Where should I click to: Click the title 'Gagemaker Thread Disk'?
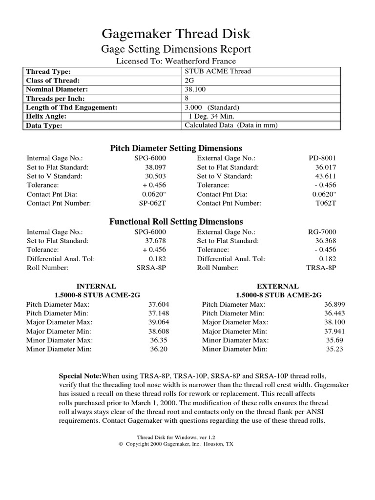tap(176, 34)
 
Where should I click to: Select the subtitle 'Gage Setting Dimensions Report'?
tap(176, 49)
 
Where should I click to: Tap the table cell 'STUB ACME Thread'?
tap(218, 71)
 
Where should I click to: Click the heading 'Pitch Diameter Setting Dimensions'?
tap(176, 148)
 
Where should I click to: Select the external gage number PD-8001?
tap(322, 158)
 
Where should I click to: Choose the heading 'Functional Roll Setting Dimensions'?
tap(176, 222)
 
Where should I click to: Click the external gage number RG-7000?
tap(322, 232)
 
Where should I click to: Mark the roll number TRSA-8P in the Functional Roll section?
tap(321, 268)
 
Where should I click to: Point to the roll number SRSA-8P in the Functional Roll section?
tap(151, 268)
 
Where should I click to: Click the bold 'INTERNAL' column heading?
tap(96, 286)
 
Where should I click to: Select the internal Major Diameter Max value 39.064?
tap(159, 322)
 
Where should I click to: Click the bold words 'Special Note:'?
tap(80, 376)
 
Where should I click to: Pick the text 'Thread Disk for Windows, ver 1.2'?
tap(176, 438)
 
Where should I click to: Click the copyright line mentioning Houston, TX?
tap(176, 445)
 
